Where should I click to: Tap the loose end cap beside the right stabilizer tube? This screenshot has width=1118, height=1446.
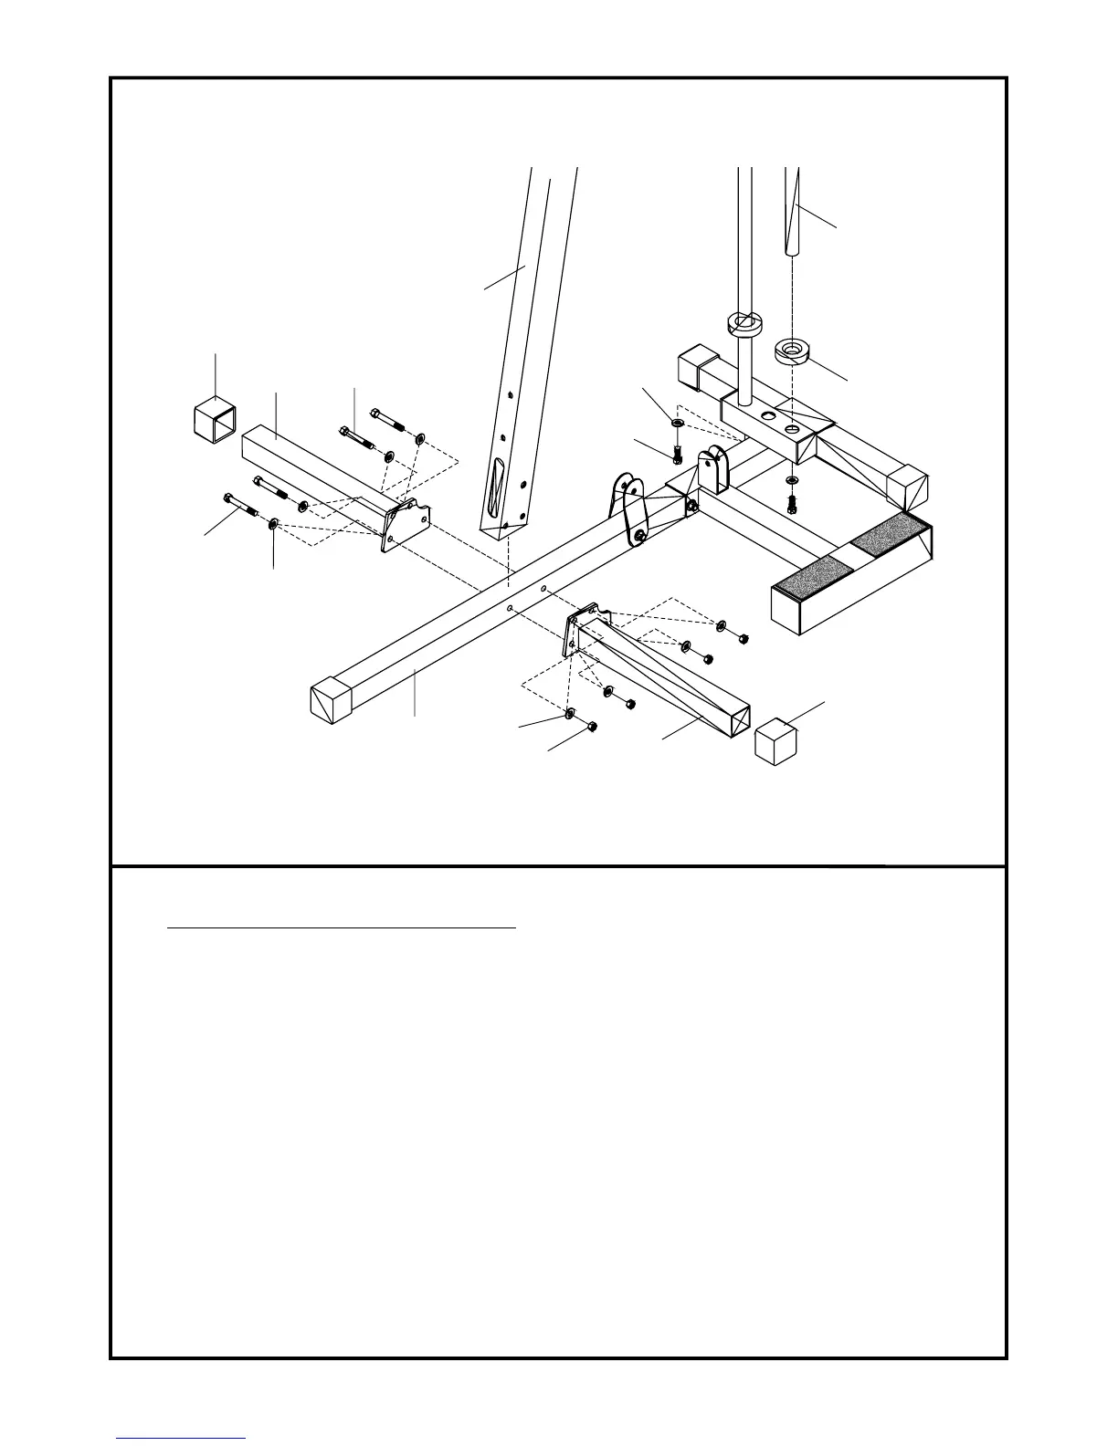(775, 740)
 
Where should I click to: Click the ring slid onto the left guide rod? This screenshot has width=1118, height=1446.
(744, 325)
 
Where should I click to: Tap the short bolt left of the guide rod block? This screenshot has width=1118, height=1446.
(677, 452)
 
